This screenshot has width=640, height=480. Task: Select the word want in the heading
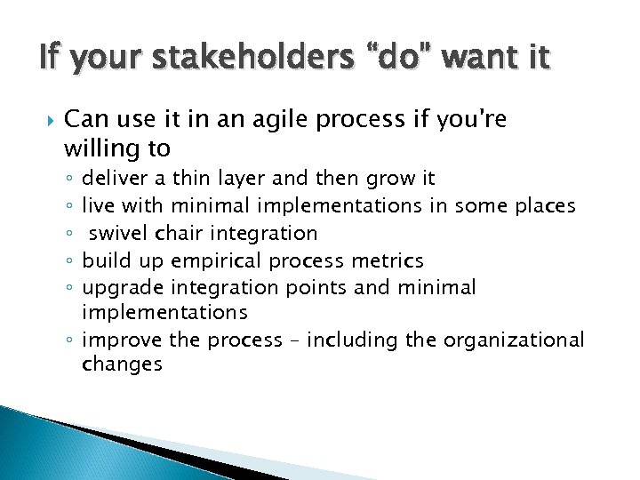click(465, 60)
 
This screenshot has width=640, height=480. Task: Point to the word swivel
click(119, 233)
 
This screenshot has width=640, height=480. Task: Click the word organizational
click(515, 340)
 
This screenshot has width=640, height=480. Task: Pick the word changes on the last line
click(122, 364)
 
